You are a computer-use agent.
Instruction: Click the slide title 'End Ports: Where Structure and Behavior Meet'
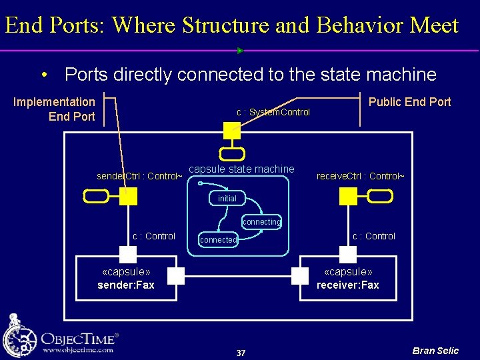point(231,25)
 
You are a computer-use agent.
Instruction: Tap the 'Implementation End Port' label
point(55,109)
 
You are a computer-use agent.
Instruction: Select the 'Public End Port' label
point(410,102)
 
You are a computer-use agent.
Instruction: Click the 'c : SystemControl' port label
point(273,112)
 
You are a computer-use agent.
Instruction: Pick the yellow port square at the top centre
point(231,130)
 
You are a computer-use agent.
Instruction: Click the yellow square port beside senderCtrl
point(129,196)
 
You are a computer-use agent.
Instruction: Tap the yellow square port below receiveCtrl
point(348,196)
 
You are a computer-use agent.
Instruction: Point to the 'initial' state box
point(227,199)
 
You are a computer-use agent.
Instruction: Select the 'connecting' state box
point(261,221)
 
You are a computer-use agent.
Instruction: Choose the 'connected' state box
point(218,240)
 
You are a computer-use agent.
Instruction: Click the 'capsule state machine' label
point(241,169)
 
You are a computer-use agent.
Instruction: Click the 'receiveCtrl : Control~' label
point(360,177)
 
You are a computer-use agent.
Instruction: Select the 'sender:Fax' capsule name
point(126,285)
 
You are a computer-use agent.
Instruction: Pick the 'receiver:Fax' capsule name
point(348,285)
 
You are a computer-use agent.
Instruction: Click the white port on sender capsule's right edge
point(176,276)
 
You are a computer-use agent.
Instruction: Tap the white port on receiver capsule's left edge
point(298,276)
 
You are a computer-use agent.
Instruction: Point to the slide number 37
point(241,353)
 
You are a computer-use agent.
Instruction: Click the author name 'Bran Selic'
point(435,351)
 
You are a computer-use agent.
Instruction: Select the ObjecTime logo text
point(80,337)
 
